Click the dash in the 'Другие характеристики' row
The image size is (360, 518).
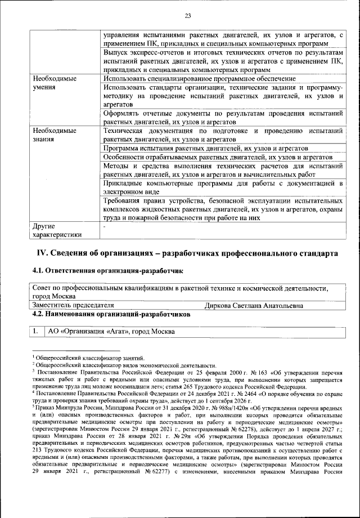pyautogui.click(x=105, y=226)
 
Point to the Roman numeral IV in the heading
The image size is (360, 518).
pyautogui.click(x=43, y=253)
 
